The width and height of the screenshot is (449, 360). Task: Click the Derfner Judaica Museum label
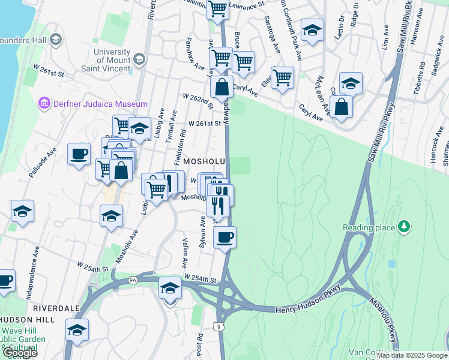tap(100, 103)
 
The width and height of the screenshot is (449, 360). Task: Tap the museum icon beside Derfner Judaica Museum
tap(44, 103)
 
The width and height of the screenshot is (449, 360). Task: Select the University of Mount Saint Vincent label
tap(112, 59)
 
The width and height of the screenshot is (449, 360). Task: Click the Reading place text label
tap(369, 227)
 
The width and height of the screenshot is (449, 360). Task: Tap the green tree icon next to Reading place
tap(405, 227)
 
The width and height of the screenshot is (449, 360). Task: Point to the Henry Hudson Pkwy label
tap(308, 310)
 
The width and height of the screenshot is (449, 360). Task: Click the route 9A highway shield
tap(133, 279)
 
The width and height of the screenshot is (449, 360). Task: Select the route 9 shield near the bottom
tap(221, 325)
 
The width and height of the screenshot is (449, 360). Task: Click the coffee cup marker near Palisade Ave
tap(79, 154)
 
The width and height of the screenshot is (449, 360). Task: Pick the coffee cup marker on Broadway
tap(224, 236)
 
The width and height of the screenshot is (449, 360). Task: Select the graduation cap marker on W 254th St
tap(170, 289)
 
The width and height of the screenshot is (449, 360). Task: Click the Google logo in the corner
tap(20, 353)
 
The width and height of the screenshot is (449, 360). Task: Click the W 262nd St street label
tap(196, 101)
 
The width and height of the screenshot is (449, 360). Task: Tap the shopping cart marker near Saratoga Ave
tap(282, 77)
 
